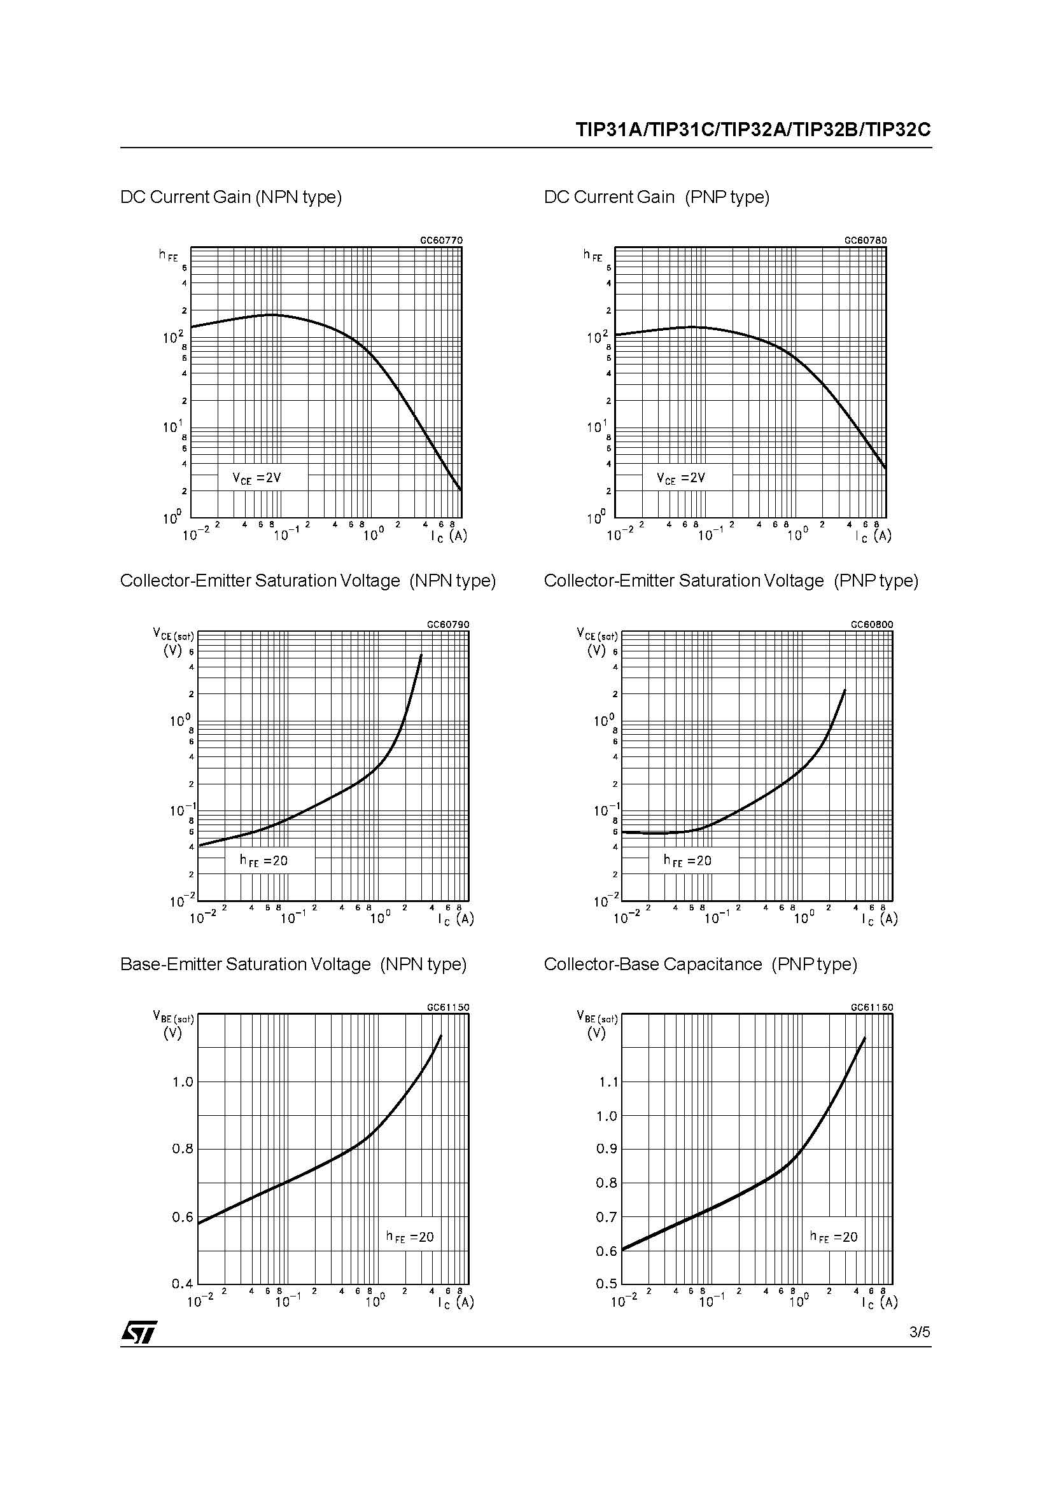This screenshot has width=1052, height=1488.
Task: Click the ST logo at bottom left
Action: (139, 1332)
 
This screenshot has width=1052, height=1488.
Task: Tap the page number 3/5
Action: (919, 1332)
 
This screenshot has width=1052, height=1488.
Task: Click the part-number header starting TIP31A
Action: (753, 130)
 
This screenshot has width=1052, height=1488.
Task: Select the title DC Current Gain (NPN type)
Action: (231, 197)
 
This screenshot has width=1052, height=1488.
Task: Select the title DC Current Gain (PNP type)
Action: (657, 197)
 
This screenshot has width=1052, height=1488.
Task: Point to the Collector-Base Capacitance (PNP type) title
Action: (700, 964)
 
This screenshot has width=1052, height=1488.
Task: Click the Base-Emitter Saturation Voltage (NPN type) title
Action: (293, 964)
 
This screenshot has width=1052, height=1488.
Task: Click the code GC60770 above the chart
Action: (442, 240)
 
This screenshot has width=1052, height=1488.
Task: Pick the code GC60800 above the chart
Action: (872, 624)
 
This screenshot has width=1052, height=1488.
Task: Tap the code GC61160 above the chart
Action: (872, 1007)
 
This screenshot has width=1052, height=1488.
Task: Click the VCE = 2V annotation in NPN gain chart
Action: (257, 478)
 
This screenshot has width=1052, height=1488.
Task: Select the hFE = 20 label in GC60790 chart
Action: (264, 861)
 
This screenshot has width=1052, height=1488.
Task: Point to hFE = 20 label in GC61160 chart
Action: (834, 1237)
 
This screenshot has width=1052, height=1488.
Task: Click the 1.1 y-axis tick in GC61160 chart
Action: (607, 1081)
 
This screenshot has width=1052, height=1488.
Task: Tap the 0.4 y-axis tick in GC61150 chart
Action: (183, 1283)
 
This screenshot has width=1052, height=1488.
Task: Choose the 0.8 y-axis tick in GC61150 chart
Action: (183, 1149)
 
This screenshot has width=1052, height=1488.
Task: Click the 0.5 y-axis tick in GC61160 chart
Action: (607, 1283)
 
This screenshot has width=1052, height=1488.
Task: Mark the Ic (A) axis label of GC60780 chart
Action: (873, 536)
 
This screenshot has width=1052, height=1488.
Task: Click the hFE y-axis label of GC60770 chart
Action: (168, 255)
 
